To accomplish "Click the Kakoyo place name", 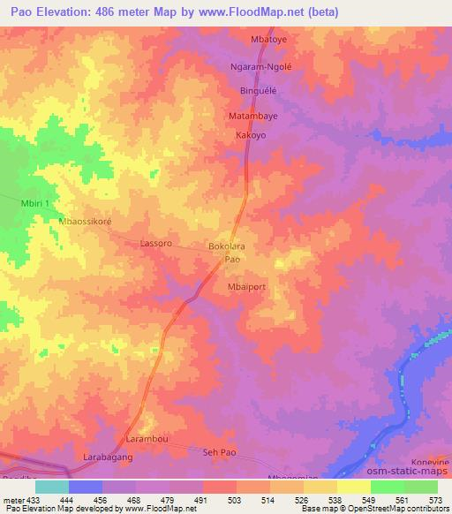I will (251, 136).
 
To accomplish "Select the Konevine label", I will (429, 463).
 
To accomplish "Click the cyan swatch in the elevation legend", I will (51, 487).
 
